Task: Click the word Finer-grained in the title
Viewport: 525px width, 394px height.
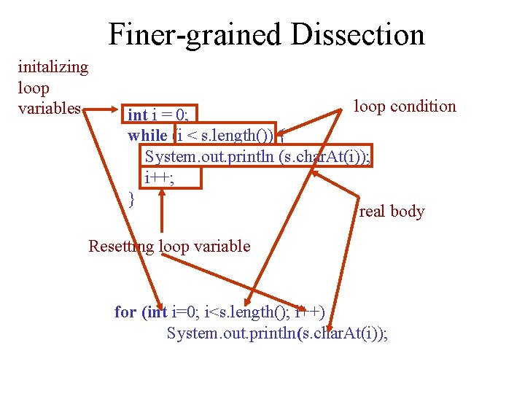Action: pos(191,35)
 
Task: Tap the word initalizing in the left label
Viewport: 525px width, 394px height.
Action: pos(52,67)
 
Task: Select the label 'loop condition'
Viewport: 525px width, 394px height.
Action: pos(405,107)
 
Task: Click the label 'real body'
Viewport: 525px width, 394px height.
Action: pos(392,212)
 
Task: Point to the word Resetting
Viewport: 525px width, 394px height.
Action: pos(120,246)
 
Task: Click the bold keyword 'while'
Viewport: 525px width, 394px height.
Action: pos(147,135)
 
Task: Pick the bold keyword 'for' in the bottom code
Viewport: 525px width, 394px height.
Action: pos(125,312)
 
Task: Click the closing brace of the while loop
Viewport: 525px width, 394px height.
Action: pos(131,197)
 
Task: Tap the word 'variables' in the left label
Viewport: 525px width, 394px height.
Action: pos(49,109)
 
